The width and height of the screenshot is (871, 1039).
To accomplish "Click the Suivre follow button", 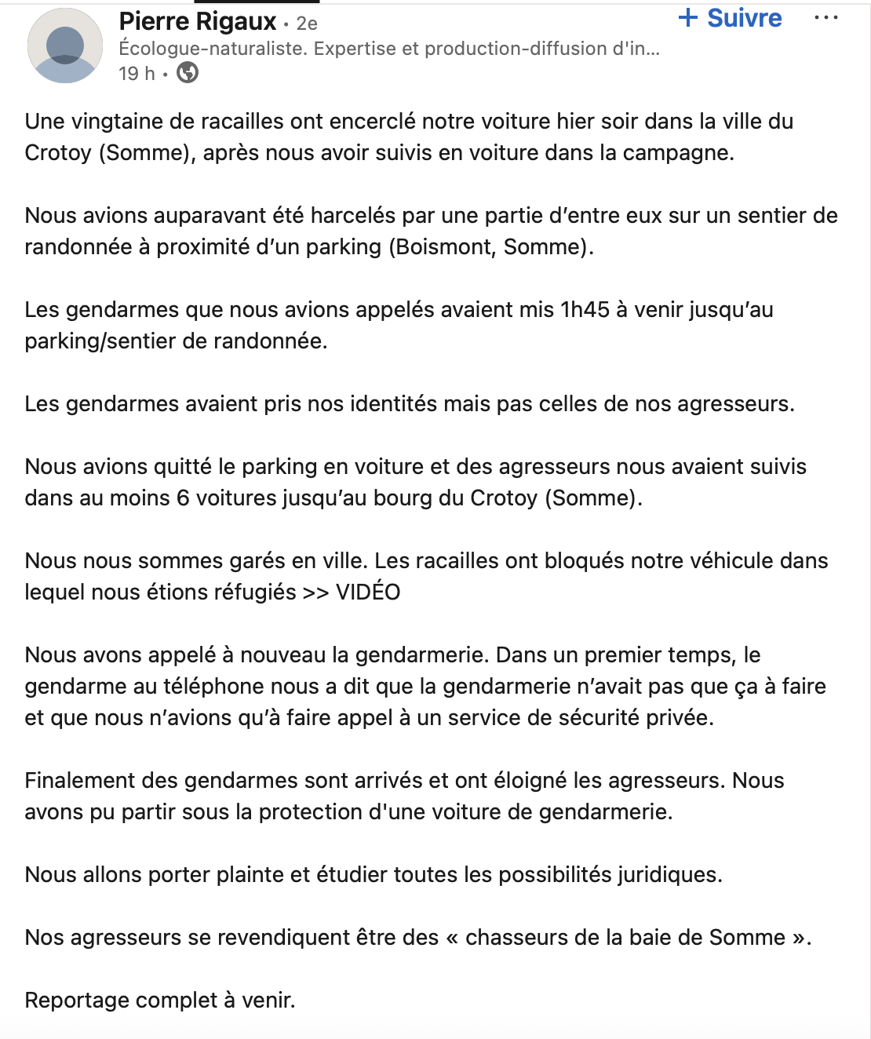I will (730, 18).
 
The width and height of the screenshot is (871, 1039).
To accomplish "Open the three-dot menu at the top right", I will (826, 18).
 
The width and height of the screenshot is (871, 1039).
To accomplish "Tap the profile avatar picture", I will (65, 46).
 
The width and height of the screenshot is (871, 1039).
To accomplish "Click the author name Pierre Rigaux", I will (198, 21).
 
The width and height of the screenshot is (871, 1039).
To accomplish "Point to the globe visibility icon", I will (188, 73).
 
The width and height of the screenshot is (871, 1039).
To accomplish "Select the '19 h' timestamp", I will (137, 74).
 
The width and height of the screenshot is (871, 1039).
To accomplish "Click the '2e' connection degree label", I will (307, 24).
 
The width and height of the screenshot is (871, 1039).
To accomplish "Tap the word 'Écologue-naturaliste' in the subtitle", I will (212, 49).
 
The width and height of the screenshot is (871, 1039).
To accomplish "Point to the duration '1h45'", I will (585, 310).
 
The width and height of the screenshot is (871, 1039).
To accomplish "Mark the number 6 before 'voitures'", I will (183, 498).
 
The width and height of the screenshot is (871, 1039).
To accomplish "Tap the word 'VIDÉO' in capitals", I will (368, 592).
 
